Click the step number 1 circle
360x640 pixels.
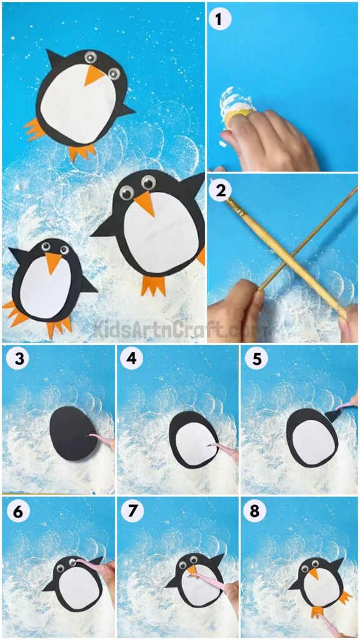[219, 19]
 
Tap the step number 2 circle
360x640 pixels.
[219, 192]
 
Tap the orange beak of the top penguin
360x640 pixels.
[94, 76]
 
